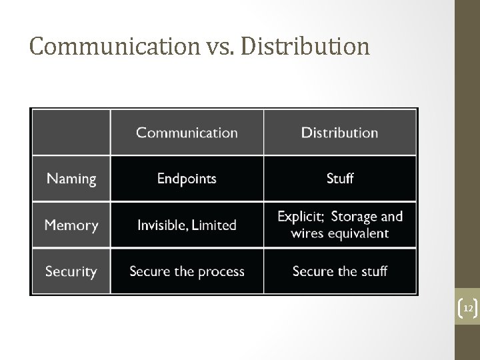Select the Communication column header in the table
click(x=187, y=133)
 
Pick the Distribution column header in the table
click(x=339, y=133)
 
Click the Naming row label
click(x=71, y=179)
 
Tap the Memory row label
click(x=71, y=225)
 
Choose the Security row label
click(x=71, y=271)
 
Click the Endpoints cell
click(x=187, y=179)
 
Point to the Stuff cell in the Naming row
click(x=339, y=179)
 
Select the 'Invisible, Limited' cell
click(x=187, y=225)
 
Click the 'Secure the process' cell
click(x=187, y=271)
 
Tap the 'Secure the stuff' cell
click(x=339, y=271)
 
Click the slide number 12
click(x=468, y=309)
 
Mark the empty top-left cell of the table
click(x=71, y=133)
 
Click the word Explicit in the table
click(x=301, y=217)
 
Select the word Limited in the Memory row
click(x=214, y=225)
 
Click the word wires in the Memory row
click(x=307, y=233)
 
